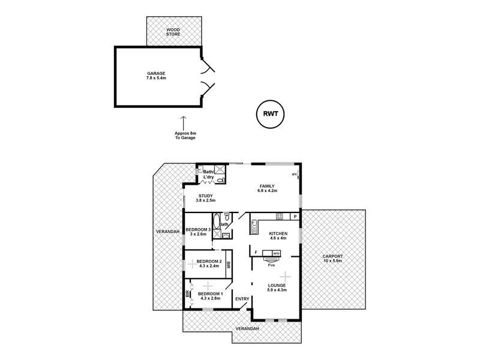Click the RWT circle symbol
(x=270, y=113)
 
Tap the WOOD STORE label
(x=173, y=31)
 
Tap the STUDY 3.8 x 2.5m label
(x=206, y=199)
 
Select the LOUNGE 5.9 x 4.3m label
(x=278, y=288)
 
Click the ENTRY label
(x=242, y=299)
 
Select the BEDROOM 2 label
(x=208, y=264)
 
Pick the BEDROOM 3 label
(x=198, y=232)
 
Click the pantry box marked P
(x=295, y=216)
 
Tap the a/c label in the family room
(x=294, y=175)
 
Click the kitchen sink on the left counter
(x=254, y=226)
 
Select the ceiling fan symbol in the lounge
(x=286, y=275)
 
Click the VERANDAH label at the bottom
(x=247, y=329)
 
